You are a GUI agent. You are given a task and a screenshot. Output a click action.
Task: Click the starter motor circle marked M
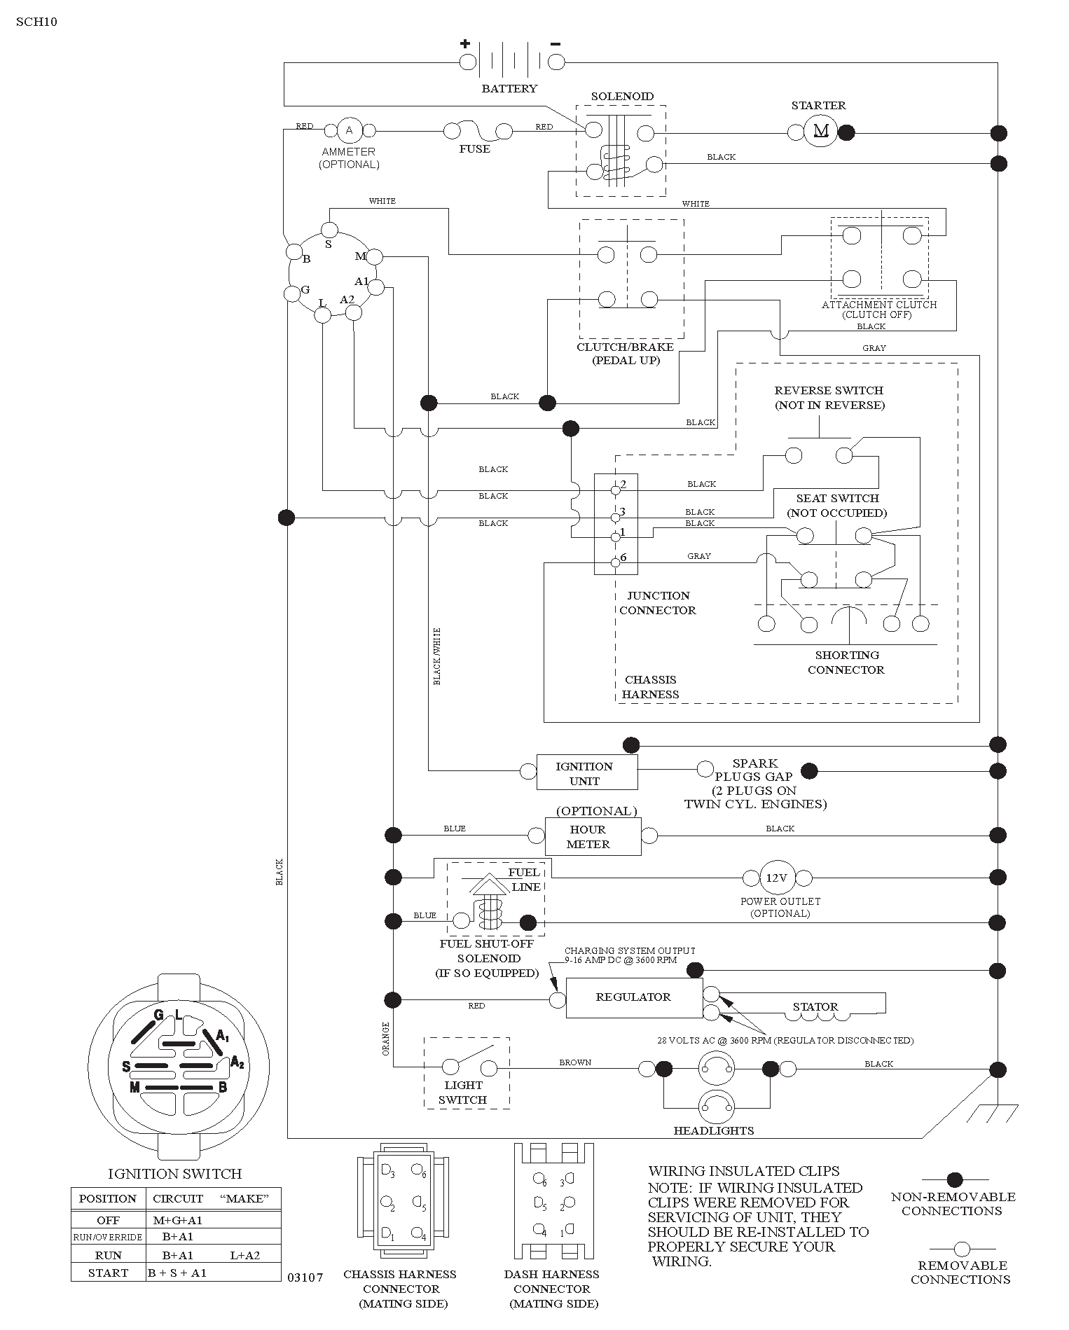(820, 131)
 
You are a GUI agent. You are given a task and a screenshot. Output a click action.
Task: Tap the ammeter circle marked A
(349, 130)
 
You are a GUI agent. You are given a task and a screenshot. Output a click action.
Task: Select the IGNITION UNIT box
(587, 773)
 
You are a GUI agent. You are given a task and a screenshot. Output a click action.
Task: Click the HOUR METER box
(593, 836)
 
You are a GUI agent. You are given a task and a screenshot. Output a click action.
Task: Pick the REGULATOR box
(634, 997)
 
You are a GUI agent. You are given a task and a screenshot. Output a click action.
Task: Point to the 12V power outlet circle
(776, 878)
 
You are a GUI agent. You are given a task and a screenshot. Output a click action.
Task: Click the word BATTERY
(509, 89)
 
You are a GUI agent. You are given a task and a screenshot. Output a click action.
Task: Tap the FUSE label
(474, 149)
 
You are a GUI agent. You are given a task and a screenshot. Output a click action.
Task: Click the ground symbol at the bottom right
(997, 1113)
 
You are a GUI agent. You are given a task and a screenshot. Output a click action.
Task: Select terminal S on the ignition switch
(329, 230)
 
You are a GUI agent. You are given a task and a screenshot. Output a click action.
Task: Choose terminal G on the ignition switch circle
(292, 293)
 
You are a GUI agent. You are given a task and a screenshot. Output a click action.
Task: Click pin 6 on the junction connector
(615, 562)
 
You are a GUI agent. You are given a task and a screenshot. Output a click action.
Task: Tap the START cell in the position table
(108, 1273)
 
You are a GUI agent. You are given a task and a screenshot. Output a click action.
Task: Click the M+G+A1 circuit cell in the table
(178, 1219)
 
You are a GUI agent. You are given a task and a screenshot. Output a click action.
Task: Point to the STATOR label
(815, 1006)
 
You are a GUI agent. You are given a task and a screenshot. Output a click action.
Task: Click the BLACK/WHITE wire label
(437, 656)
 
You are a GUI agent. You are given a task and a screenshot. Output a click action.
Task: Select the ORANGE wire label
(385, 1039)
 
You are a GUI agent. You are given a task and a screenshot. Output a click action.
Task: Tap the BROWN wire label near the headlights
(575, 1062)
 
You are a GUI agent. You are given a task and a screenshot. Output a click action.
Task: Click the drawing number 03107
(305, 1277)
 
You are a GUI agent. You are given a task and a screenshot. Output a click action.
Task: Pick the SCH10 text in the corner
(36, 22)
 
